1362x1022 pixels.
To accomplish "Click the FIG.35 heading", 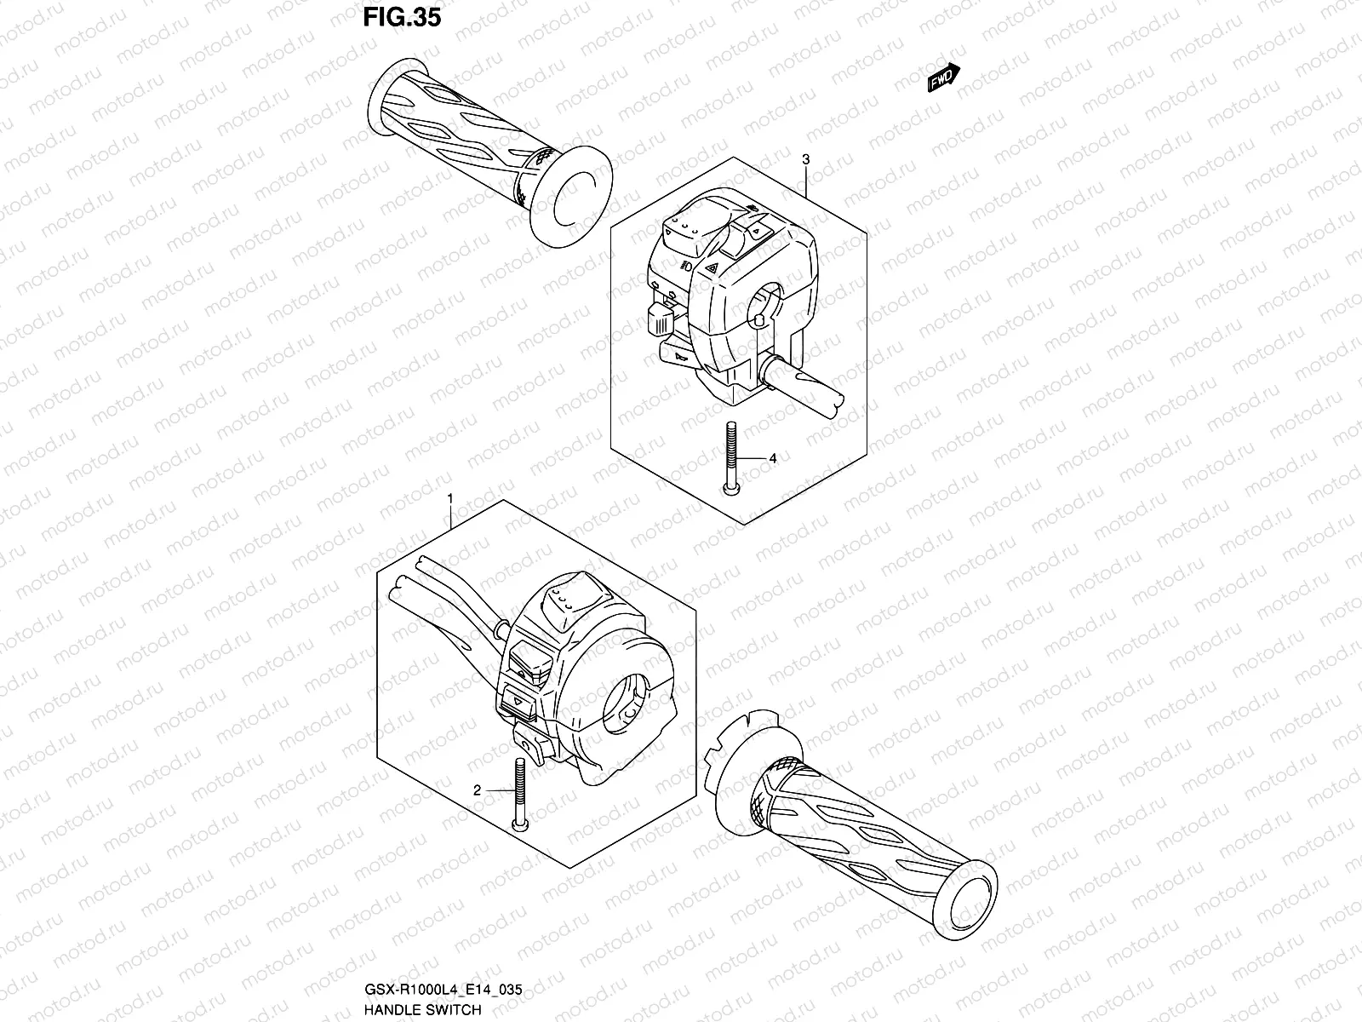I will coord(402,18).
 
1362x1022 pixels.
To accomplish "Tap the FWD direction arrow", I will coord(944,78).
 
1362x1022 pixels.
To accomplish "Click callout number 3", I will coord(805,159).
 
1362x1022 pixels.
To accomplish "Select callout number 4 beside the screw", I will coord(773,458).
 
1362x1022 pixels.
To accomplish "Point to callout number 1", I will coord(450,496).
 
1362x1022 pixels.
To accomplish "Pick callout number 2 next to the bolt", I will coord(478,790).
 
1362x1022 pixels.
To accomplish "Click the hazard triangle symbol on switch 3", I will coord(712,269).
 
